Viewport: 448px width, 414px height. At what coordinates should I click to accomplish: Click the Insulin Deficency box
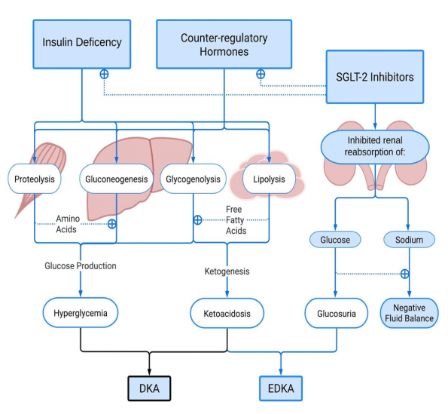[81, 41]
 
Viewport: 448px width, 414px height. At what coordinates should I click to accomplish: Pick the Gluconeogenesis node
[116, 179]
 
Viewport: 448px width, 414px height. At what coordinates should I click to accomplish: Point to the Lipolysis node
[269, 179]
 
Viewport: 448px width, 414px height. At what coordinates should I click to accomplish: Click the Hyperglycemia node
[81, 311]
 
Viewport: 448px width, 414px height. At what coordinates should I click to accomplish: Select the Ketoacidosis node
[227, 311]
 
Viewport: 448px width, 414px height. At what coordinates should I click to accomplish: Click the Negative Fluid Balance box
[409, 312]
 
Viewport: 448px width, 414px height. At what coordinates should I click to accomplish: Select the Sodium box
[409, 239]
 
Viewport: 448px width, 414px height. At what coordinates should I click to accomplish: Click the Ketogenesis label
[227, 270]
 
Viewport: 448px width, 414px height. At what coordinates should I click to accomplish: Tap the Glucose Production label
[81, 265]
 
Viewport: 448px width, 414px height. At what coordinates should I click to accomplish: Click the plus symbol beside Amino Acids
[112, 223]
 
